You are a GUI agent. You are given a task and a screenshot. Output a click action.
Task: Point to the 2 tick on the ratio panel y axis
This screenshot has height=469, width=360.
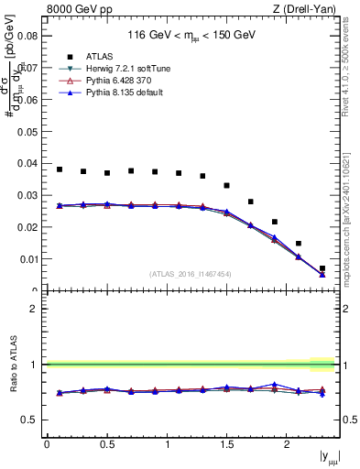coord(33,309)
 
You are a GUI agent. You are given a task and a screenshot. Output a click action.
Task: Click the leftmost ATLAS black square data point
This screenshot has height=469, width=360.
coord(60,169)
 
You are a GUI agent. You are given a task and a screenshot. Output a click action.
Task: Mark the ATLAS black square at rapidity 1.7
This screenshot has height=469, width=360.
coord(251,202)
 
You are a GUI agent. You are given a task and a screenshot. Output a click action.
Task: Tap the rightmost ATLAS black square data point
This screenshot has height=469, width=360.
coord(322,268)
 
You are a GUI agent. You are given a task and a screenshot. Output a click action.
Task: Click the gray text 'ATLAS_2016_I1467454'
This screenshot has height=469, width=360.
coord(191,274)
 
